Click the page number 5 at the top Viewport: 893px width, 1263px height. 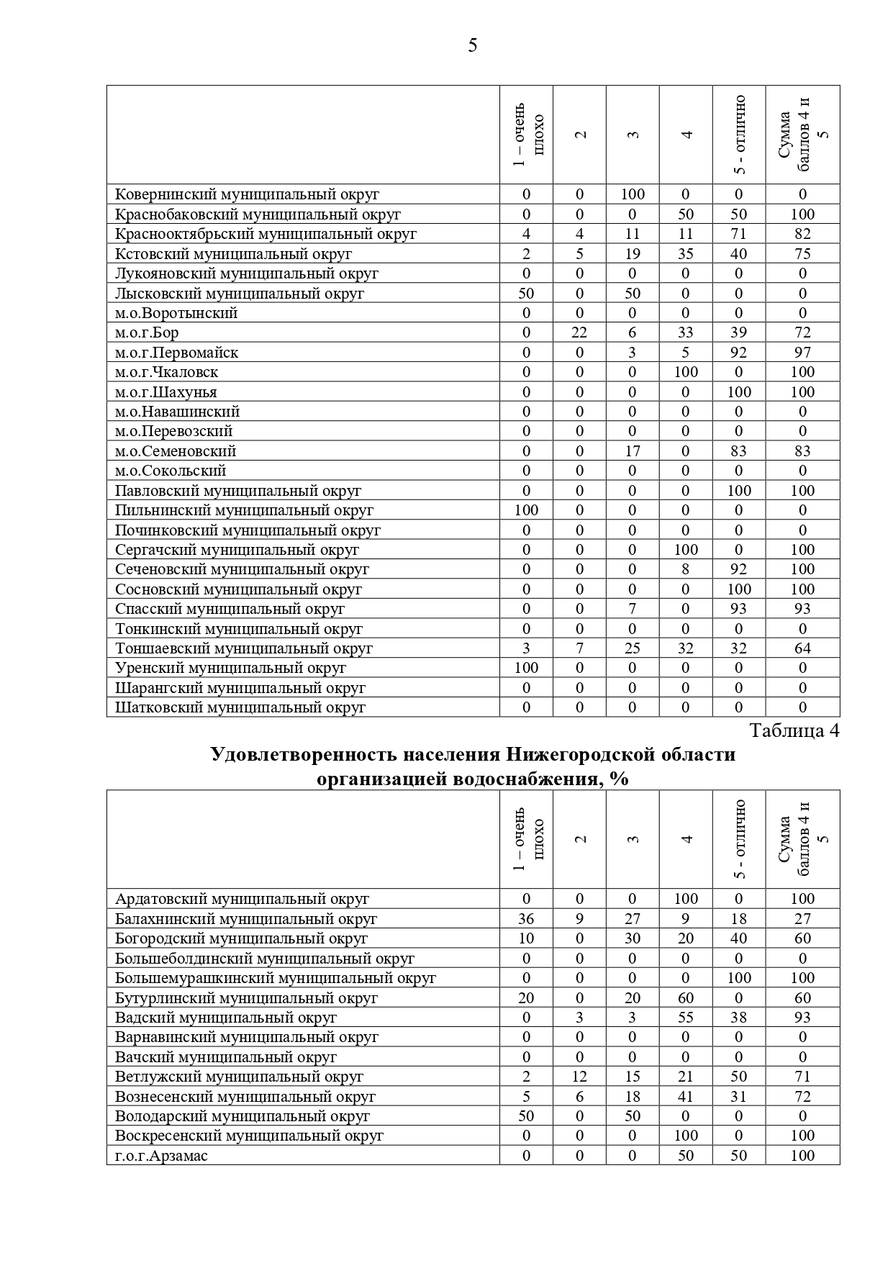(x=472, y=46)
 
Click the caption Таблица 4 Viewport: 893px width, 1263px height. (x=794, y=730)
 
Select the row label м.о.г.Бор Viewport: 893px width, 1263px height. (x=147, y=332)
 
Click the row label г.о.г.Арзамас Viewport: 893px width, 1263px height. (x=161, y=1156)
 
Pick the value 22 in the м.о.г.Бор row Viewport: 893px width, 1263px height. (x=579, y=332)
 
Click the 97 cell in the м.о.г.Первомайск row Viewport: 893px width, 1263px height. (x=802, y=353)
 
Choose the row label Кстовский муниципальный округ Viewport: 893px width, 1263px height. (x=233, y=253)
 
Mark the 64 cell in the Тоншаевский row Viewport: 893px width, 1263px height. (x=802, y=648)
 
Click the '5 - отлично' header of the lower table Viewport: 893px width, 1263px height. (x=739, y=839)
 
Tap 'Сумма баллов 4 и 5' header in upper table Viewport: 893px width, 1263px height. (x=802, y=135)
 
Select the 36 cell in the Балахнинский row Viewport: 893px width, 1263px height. (x=526, y=919)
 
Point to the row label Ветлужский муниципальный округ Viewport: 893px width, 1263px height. (x=239, y=1077)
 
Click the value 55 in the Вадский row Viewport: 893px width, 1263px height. (x=686, y=1018)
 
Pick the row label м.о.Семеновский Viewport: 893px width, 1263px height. (x=176, y=451)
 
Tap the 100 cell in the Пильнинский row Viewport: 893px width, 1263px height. (x=526, y=510)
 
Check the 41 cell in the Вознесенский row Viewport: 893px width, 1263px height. (x=686, y=1097)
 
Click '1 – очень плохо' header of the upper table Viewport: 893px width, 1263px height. (x=526, y=135)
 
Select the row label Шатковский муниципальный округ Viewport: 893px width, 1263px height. (x=240, y=707)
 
